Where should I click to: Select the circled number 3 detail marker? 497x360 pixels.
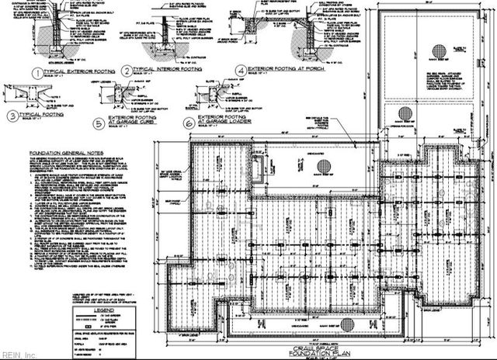point(13,116)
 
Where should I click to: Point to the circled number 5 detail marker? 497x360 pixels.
point(97,123)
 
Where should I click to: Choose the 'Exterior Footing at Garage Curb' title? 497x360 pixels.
point(133,123)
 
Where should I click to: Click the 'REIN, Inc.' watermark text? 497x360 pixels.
point(17,355)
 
